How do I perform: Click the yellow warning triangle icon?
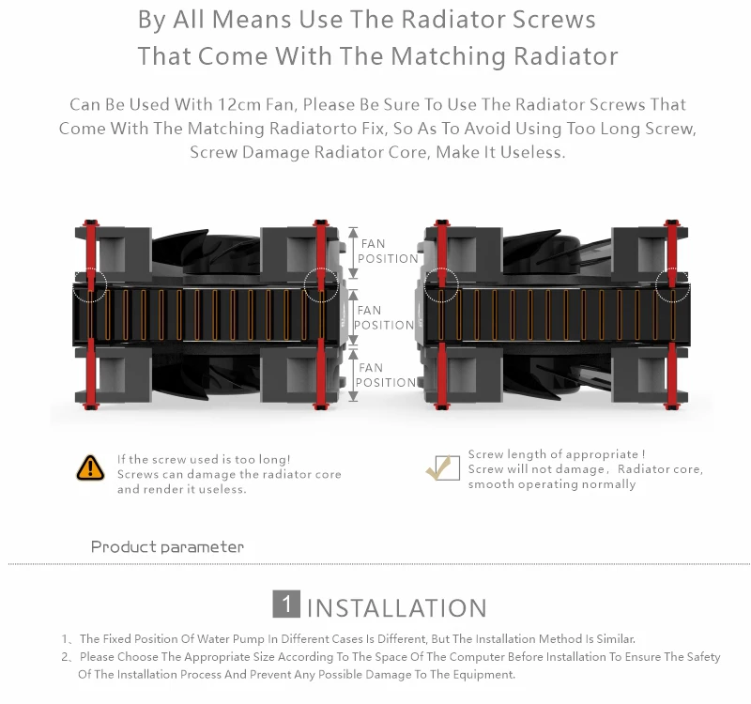90,467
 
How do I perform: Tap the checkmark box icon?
442,467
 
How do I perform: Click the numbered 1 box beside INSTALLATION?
286,604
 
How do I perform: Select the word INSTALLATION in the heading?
396,608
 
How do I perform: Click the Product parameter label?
167,546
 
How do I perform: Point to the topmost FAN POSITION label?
387,252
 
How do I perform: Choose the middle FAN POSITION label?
384,317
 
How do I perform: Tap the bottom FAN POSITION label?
385,375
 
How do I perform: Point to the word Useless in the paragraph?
531,151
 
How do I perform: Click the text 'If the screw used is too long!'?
204,459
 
